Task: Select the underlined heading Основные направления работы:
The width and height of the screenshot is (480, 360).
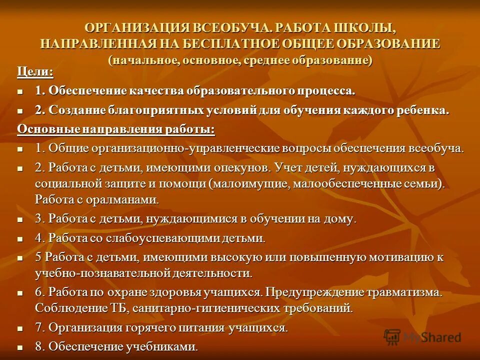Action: [116, 129]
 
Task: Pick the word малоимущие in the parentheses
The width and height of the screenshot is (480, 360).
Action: [251, 183]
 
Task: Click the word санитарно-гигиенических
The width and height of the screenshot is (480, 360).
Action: [199, 307]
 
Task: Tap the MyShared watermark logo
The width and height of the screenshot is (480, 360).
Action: [422, 337]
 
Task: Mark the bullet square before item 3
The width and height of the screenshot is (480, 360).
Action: [20, 219]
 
